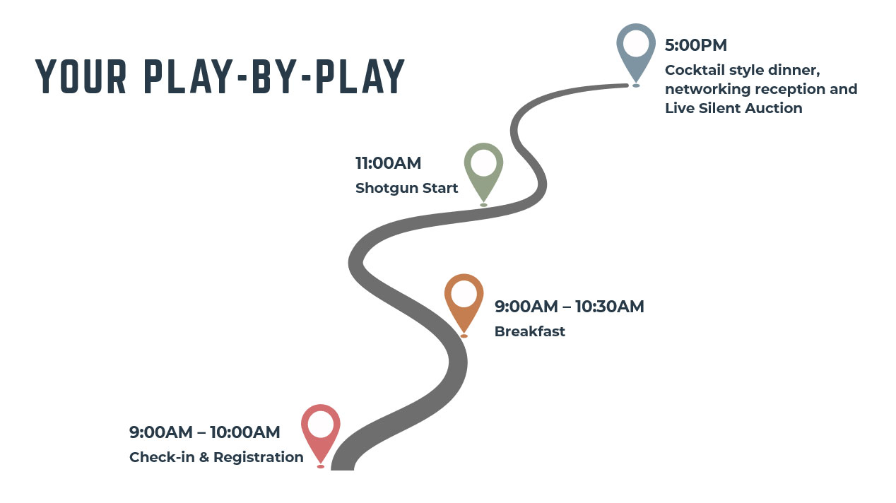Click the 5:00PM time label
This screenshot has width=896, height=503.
point(696,45)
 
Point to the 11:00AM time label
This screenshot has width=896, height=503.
point(389,163)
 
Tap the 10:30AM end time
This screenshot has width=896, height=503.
point(610,307)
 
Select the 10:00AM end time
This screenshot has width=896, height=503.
point(244,432)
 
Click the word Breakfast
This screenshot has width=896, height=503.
point(529,331)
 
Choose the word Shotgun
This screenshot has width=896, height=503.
point(387,189)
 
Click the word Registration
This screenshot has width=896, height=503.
point(259,457)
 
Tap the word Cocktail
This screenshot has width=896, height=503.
point(695,71)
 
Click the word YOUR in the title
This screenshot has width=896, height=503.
point(81,76)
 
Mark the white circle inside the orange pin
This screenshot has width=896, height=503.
point(464,293)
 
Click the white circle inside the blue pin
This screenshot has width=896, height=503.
point(636,43)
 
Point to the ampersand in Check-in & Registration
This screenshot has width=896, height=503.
point(204,457)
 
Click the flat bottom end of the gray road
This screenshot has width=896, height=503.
point(343,469)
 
